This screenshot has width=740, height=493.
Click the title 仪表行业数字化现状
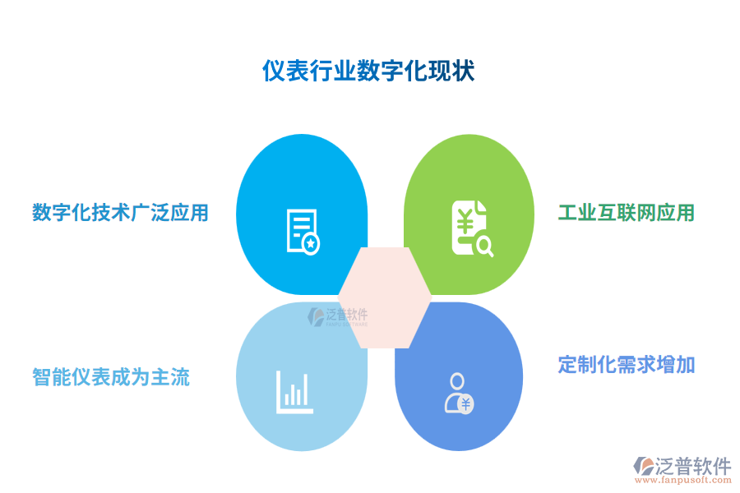click(x=368, y=71)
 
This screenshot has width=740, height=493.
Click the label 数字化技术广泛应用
click(x=120, y=213)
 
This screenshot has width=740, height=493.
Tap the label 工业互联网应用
click(x=627, y=213)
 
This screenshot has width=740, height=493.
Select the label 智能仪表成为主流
click(x=111, y=377)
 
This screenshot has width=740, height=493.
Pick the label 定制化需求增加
click(x=627, y=364)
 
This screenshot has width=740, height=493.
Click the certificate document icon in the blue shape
click(x=302, y=231)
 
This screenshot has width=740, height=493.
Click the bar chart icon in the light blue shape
click(x=294, y=392)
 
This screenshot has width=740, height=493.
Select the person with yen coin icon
click(x=458, y=393)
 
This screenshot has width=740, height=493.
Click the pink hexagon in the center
click(x=385, y=297)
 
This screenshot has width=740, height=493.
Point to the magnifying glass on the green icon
click(x=484, y=246)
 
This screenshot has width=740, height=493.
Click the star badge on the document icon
click(x=311, y=244)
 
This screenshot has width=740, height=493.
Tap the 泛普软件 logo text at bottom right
click(x=694, y=466)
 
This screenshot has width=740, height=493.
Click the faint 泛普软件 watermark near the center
click(x=339, y=316)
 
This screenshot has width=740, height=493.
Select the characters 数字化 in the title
click(x=380, y=71)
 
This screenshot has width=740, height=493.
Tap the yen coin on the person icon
click(x=466, y=403)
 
